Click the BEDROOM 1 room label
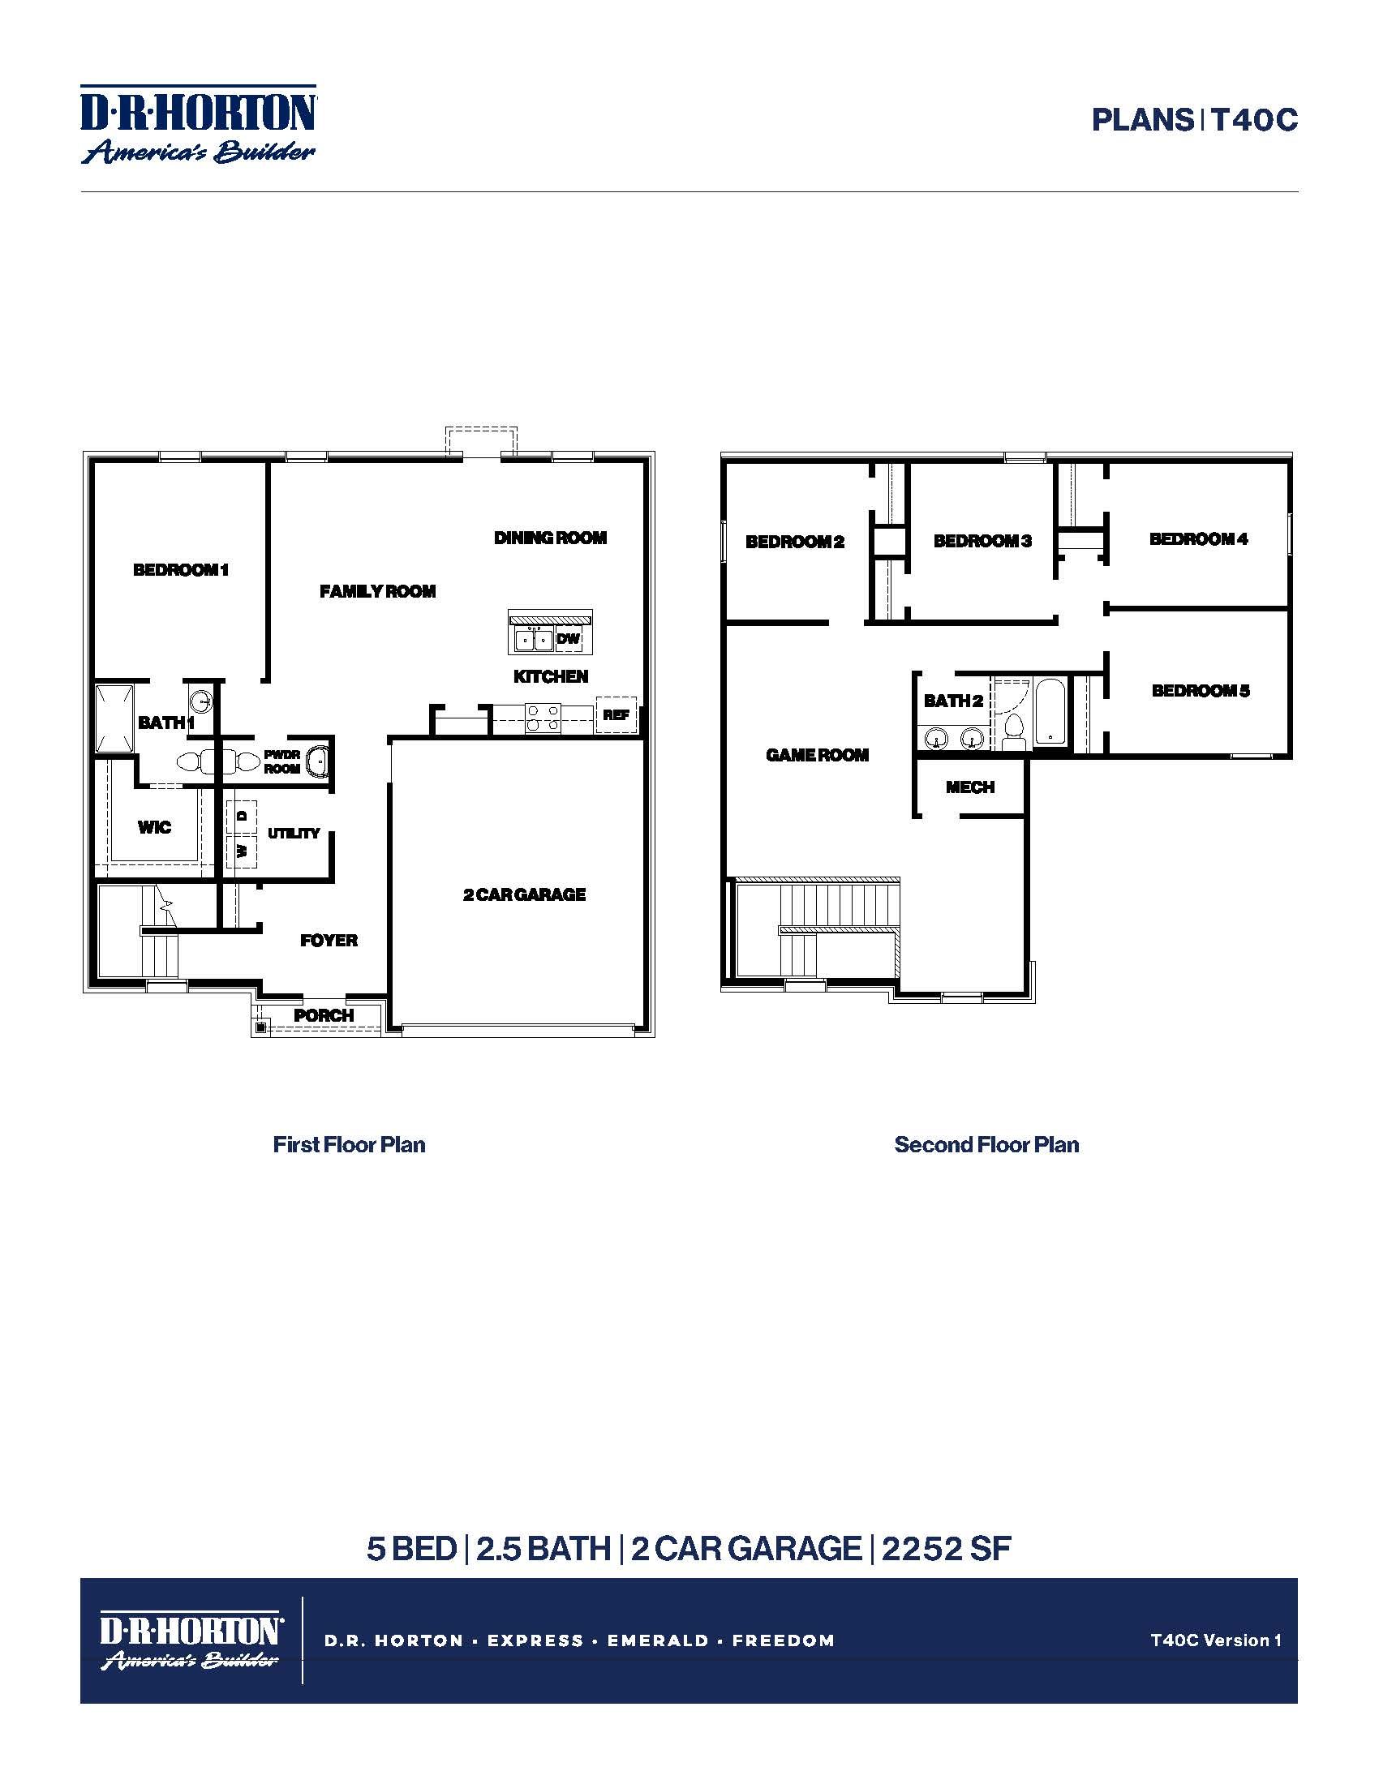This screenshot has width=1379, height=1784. click(181, 570)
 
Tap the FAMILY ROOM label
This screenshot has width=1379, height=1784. click(377, 591)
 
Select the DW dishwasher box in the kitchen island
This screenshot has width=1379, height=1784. click(568, 639)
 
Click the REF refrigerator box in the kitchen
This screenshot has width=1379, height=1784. click(616, 714)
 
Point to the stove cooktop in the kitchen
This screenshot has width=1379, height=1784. click(543, 717)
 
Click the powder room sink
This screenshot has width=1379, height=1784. click(317, 761)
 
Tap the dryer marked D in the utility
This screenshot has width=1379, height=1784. click(242, 815)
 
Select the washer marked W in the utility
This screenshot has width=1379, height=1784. click(242, 851)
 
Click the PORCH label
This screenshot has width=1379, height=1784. click(324, 1015)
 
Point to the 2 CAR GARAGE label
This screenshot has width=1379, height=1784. click(525, 894)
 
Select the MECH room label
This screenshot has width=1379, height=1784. click(970, 787)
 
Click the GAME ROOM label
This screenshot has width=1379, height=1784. click(817, 756)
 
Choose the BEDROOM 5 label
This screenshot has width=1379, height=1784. click(1201, 691)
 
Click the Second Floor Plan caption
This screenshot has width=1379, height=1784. click(987, 1145)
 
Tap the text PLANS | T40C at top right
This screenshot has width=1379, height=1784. click(1194, 121)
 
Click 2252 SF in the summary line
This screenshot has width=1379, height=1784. click(946, 1549)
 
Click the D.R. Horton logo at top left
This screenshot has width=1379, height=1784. click(199, 124)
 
